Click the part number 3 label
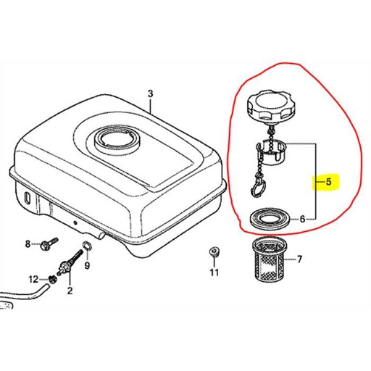point(150,93)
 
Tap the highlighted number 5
point(329,182)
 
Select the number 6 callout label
point(312,217)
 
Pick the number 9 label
point(87,267)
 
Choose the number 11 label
point(214,273)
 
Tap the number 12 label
point(33,279)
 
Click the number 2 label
point(70,291)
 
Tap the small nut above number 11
point(213,252)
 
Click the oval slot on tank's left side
point(27,198)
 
